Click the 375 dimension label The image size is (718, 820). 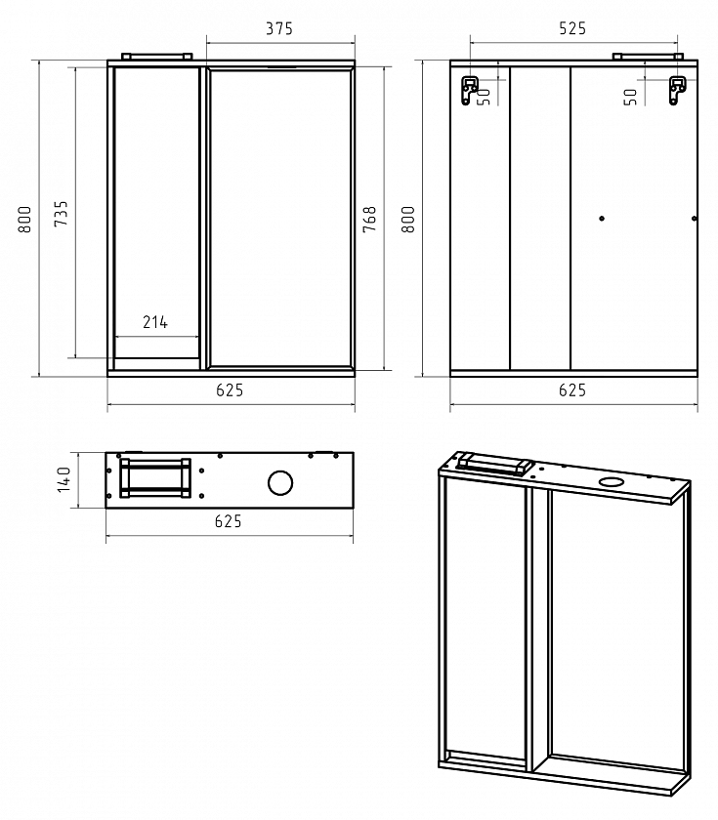(279, 28)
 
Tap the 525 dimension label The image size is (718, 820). (572, 28)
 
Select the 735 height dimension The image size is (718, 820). (61, 213)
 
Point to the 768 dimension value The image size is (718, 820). (369, 219)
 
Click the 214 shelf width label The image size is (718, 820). (155, 322)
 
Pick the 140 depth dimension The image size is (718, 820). (63, 479)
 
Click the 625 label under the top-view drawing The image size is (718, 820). (229, 521)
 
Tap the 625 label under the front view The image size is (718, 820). (230, 390)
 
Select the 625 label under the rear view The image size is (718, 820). (572, 390)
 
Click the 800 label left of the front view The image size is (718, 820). (24, 219)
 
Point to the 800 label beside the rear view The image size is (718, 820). (407, 219)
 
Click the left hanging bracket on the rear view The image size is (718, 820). (469, 91)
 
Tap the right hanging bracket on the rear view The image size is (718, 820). (677, 91)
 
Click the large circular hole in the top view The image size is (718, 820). (280, 482)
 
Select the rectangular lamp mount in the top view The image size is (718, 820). (155, 477)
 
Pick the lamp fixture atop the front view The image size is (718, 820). (157, 57)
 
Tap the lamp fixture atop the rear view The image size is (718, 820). (648, 57)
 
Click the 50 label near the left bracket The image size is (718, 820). (485, 97)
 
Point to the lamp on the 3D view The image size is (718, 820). (494, 465)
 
